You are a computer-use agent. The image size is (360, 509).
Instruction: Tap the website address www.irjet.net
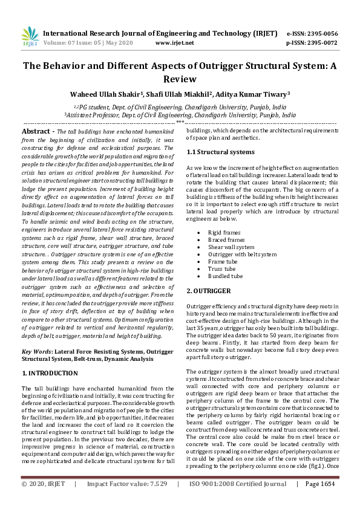point(174,43)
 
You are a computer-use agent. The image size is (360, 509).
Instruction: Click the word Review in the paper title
point(180,79)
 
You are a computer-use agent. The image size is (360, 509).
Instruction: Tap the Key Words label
point(36,351)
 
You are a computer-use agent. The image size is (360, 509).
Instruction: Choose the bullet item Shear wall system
point(231,247)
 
